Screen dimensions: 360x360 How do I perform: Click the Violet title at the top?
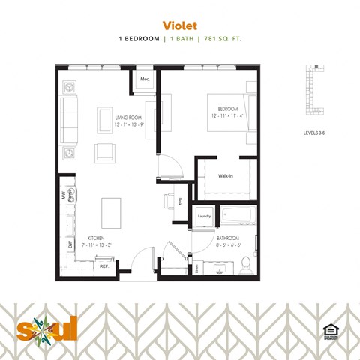tap(180, 23)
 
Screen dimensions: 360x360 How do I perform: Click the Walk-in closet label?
tap(225, 176)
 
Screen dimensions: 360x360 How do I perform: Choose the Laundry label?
tap(204, 217)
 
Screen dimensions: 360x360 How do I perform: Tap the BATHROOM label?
tap(227, 238)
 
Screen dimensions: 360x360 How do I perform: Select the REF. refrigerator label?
tap(104, 266)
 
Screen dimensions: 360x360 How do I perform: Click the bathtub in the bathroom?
tap(238, 216)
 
